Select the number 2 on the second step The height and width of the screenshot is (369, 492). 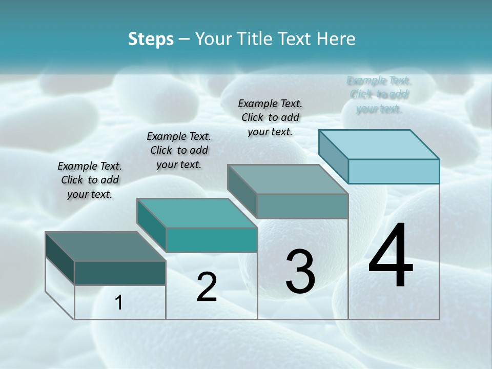(207, 287)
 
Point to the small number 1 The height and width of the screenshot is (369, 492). (119, 303)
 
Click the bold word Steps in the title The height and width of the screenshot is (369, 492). (151, 39)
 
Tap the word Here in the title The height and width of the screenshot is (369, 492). (336, 39)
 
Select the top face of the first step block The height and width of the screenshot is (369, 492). (106, 247)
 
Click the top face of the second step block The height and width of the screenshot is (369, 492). (197, 213)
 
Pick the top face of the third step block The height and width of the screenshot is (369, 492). (288, 179)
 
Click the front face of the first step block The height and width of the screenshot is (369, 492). (120, 273)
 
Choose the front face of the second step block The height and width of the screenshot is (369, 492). (211, 240)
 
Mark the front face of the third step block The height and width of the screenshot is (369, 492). (302, 206)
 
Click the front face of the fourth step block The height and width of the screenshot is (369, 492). (394, 171)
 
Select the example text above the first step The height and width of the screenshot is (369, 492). (90, 180)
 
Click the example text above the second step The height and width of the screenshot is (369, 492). (179, 150)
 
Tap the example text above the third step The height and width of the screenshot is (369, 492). (270, 117)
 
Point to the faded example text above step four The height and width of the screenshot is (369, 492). (379, 94)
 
